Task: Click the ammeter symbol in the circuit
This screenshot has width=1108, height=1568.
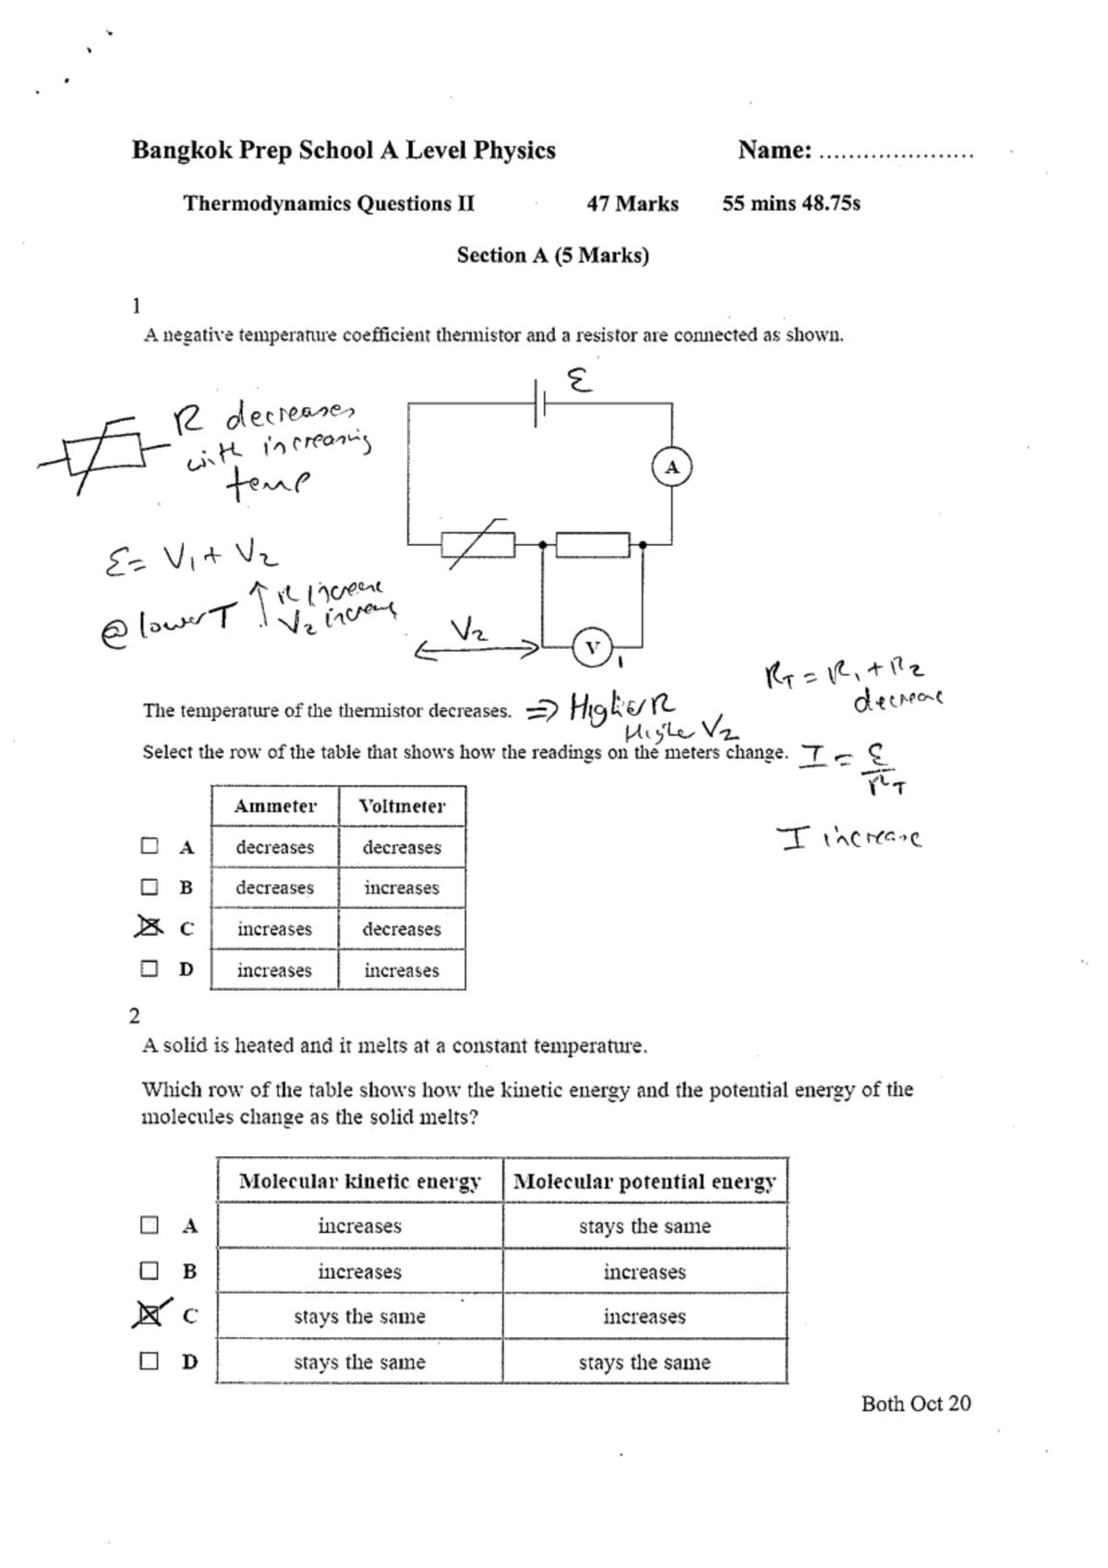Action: tap(671, 467)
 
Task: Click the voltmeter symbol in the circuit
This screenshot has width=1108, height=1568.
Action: tap(592, 647)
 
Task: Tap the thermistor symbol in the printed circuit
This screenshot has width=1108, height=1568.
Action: tap(477, 545)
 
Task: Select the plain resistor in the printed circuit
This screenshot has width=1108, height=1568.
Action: tap(592, 545)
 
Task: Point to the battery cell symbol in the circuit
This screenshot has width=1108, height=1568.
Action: tap(539, 403)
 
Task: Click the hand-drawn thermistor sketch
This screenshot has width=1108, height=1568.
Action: tap(102, 454)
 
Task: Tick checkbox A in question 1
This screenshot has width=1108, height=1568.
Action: tap(150, 846)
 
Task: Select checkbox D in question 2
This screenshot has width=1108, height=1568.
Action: tap(150, 1361)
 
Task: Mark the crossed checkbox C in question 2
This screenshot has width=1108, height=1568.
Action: tap(149, 1315)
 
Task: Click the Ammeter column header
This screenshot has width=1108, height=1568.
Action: tap(274, 806)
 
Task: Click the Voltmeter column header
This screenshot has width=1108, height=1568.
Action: tap(402, 806)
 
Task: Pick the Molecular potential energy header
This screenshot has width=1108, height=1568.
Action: tap(644, 1181)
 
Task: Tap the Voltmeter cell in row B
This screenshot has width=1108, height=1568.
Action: tap(402, 888)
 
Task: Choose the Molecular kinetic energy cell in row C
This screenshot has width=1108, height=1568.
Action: tap(359, 1317)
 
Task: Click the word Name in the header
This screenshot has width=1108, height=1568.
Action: tap(774, 151)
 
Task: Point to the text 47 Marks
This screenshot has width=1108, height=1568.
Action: tap(632, 204)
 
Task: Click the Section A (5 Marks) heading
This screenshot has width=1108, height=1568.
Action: tap(552, 256)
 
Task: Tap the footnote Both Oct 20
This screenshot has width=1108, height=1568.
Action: tap(915, 1404)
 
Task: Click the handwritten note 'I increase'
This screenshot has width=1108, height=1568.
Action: tap(849, 838)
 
